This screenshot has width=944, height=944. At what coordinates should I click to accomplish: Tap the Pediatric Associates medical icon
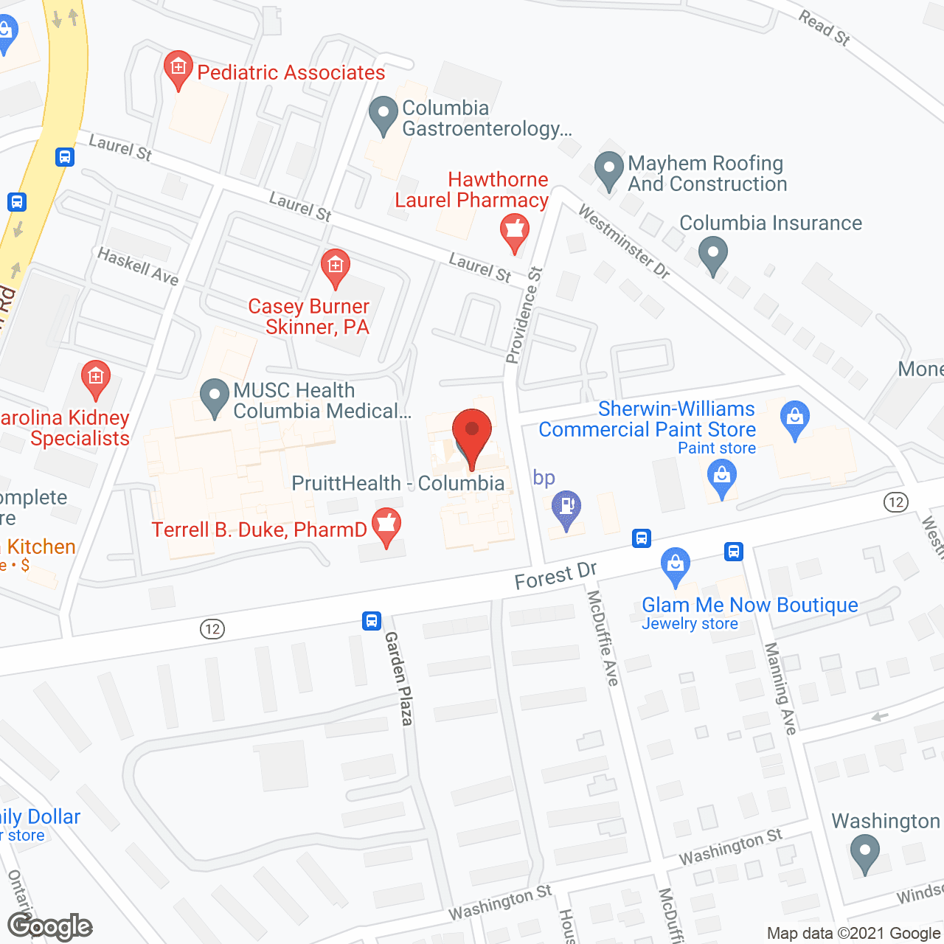tap(178, 69)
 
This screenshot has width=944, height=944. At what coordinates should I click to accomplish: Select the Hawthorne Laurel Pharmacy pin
tap(514, 231)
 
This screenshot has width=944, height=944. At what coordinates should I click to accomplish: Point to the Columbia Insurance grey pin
tap(713, 254)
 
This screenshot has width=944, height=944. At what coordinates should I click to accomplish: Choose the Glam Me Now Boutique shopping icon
tap(675, 566)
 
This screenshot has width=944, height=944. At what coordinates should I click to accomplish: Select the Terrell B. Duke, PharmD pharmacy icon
tap(386, 527)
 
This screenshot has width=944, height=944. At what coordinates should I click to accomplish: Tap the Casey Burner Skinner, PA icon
tap(335, 267)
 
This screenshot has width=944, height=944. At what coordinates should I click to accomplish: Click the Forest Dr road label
tap(555, 575)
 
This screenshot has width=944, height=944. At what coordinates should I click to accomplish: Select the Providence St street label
tap(524, 315)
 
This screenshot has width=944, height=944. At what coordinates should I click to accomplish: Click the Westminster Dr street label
tap(624, 241)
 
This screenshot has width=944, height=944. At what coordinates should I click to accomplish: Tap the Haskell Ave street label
tap(138, 265)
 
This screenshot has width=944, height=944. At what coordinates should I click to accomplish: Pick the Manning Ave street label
tap(780, 689)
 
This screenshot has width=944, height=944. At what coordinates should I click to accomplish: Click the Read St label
tap(825, 27)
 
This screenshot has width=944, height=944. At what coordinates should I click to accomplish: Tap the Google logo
tap(50, 926)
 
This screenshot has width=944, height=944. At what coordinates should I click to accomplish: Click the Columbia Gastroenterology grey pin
tap(383, 114)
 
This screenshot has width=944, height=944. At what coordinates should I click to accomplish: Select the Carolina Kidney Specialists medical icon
tap(96, 378)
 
